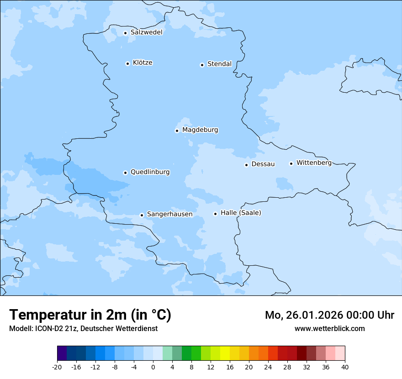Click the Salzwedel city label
point(146,32)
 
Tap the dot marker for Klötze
point(127,63)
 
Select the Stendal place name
point(219,64)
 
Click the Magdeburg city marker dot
point(177,131)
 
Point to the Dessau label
point(263,164)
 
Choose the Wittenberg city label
point(314,163)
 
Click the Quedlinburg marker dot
point(125,173)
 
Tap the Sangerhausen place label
point(169,214)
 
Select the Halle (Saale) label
point(241,213)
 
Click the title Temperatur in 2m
point(90,315)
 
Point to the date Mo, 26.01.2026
point(304,315)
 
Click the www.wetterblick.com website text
point(329,328)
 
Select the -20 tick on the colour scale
point(57,367)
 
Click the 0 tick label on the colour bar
point(153,367)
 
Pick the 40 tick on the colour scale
point(345,367)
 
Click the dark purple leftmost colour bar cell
point(62,353)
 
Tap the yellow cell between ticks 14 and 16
point(225,353)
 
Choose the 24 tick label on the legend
point(268,367)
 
